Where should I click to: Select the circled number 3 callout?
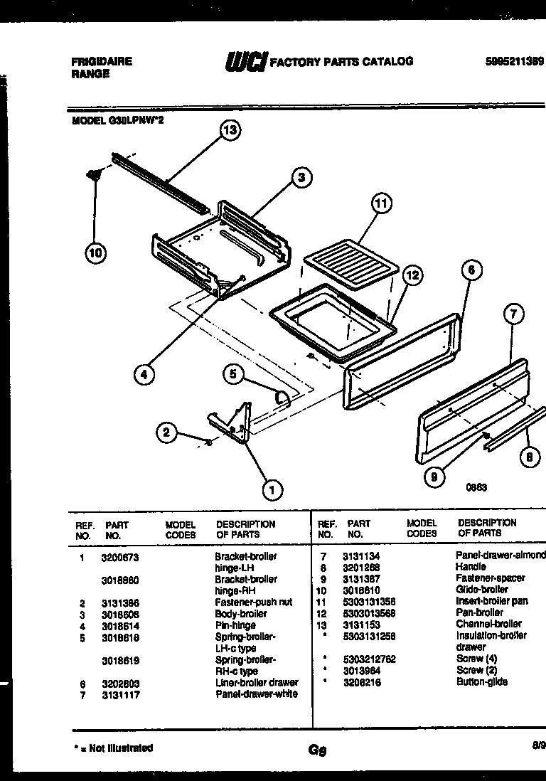[301, 178]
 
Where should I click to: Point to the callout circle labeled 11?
[381, 203]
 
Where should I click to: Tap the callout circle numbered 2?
[166, 431]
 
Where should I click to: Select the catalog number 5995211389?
[515, 61]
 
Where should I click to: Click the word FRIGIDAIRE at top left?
[102, 62]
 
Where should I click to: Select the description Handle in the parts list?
[471, 567]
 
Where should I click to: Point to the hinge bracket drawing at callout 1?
[232, 425]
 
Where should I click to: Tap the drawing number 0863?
[476, 488]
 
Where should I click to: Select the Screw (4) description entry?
[476, 659]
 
